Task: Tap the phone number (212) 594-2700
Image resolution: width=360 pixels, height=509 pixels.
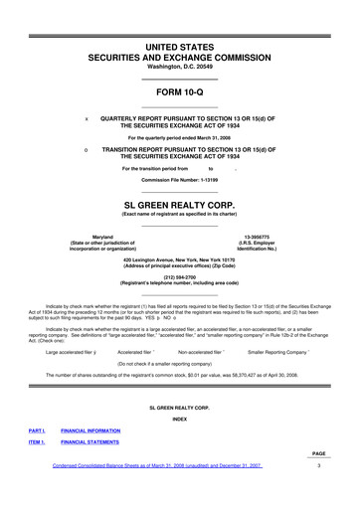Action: coord(180,279)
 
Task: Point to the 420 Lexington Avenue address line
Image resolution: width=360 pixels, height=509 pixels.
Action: coord(180,260)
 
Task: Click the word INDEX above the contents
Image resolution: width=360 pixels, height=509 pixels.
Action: coord(180,418)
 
